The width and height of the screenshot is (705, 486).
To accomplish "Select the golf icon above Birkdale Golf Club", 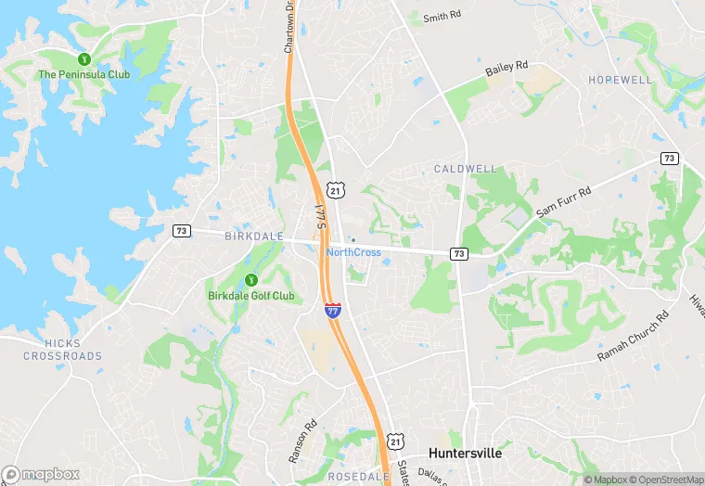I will pyautogui.click(x=250, y=281).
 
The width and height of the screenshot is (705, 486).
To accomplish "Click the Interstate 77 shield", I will pyautogui.click(x=332, y=311).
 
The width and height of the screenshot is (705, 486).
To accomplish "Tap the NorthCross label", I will pyautogui.click(x=353, y=252).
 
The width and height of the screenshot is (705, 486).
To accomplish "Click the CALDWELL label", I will pyautogui.click(x=466, y=170).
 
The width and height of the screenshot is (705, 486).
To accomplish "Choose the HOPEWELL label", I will pyautogui.click(x=620, y=81).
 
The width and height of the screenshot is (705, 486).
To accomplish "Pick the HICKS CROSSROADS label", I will pyautogui.click(x=62, y=349).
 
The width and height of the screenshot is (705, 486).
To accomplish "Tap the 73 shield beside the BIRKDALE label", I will pyautogui.click(x=182, y=230).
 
